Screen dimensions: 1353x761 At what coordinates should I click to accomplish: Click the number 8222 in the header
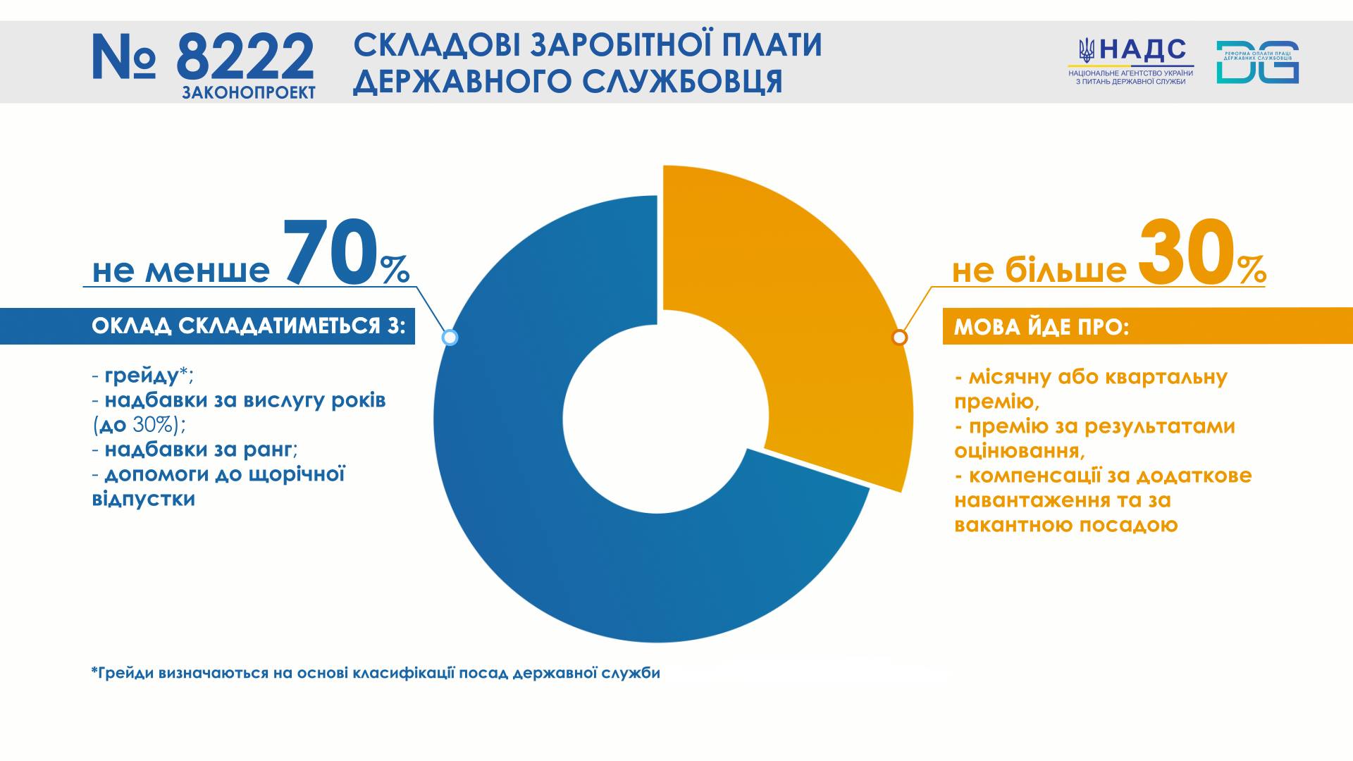pos(245,57)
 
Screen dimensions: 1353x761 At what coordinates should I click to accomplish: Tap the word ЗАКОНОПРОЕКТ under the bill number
pos(249,93)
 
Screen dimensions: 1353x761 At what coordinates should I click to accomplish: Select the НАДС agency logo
pos(1131,61)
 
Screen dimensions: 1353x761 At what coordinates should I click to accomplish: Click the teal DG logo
pos(1257,62)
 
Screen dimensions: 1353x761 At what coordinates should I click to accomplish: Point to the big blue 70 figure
pos(331,251)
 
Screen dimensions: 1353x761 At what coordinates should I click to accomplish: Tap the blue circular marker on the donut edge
pos(450,338)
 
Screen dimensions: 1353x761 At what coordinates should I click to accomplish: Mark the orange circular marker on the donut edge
pos(899,338)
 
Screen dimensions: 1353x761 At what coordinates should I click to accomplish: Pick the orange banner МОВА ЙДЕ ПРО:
pos(1148,326)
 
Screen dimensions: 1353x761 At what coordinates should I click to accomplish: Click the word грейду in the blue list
pos(141,376)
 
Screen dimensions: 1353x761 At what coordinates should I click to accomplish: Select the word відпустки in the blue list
pos(144,500)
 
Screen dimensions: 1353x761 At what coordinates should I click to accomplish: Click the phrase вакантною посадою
pos(1066,525)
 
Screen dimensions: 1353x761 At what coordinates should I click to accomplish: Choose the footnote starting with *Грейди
pos(376,673)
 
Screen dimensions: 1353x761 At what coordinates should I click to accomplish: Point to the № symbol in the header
pos(124,57)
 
